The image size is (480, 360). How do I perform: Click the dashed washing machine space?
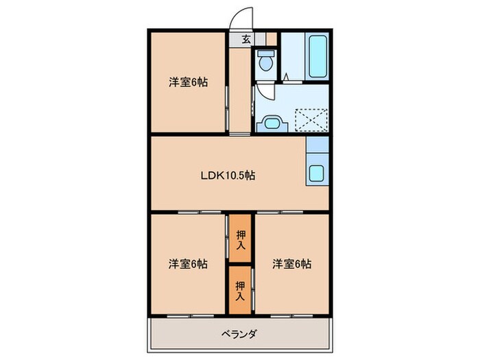[x=310, y=120]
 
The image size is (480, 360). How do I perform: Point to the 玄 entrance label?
[x=245, y=39]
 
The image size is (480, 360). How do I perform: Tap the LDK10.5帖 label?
[x=228, y=176]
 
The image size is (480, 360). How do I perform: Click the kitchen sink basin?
[x=317, y=173]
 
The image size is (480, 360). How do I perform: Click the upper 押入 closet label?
[x=241, y=240]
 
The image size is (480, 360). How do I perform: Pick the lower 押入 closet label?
[x=241, y=288]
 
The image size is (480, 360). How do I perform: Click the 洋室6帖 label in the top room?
[x=189, y=82]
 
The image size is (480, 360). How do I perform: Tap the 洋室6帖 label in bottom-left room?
[x=189, y=263]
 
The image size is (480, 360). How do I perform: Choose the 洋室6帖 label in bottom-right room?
[x=291, y=263]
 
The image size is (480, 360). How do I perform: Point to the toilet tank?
[x=266, y=53]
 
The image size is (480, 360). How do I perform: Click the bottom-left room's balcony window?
[x=188, y=315]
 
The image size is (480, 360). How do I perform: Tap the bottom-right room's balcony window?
[x=291, y=315]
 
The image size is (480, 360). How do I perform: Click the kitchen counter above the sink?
[x=317, y=145]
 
